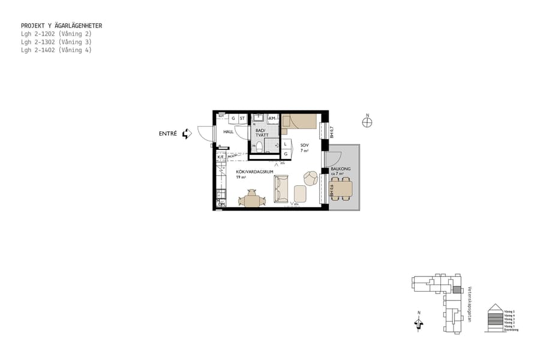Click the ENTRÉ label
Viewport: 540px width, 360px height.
point(168,134)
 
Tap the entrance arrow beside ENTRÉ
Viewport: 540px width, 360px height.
point(187,134)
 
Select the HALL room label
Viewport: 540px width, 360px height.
point(228,131)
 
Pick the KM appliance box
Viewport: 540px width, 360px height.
point(272,118)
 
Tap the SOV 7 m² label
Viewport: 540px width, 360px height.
point(304,148)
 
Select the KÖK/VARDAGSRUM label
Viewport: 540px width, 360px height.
point(254,172)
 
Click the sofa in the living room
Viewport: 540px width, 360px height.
point(281,189)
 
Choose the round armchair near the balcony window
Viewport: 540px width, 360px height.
point(311,178)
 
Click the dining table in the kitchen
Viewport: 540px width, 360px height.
point(251,200)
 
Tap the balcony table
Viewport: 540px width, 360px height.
point(343,190)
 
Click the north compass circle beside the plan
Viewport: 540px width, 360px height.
point(367,122)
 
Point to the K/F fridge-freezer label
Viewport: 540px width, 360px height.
point(221,157)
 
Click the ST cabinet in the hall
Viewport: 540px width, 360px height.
point(242,118)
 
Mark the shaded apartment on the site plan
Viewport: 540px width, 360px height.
point(455,289)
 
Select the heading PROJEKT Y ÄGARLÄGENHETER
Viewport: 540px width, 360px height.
point(61,26)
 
